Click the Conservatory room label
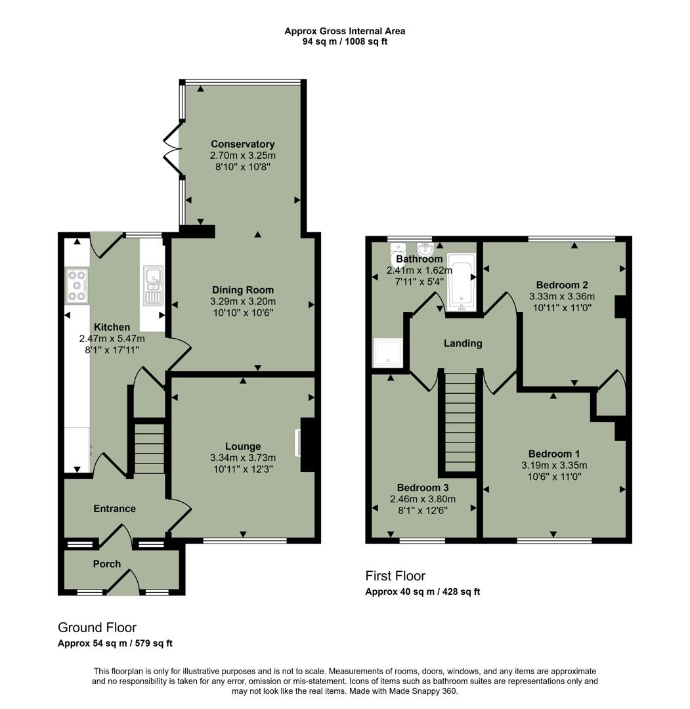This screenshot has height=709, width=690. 242,144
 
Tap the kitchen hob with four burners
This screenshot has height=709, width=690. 77,286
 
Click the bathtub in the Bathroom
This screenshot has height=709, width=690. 460,280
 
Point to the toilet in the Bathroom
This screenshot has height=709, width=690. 398,250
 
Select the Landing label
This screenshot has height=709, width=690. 463,343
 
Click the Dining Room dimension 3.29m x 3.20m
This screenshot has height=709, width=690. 242,301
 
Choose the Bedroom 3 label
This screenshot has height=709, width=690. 423,488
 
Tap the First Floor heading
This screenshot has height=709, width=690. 395,576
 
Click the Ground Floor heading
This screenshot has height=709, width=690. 97,628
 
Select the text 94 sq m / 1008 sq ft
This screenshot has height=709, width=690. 345,41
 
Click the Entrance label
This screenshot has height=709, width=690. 114,509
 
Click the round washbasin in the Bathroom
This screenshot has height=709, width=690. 425,249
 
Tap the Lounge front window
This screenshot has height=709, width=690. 245,541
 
